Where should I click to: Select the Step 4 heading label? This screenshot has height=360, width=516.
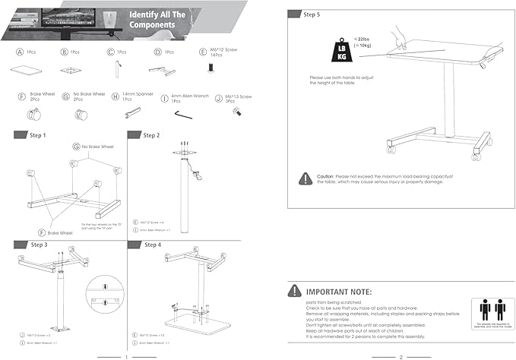click(x=152, y=245)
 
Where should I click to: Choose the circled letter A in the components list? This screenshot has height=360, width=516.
click(x=19, y=53)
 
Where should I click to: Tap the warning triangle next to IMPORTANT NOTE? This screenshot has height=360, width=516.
click(x=294, y=291)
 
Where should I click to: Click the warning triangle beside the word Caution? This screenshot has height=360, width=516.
click(x=305, y=178)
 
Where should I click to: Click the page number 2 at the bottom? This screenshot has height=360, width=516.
click(x=400, y=355)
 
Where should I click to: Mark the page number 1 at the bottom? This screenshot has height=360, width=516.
click(x=125, y=355)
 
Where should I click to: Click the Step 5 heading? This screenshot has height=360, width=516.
click(x=311, y=14)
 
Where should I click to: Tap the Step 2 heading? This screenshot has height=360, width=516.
click(x=152, y=135)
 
